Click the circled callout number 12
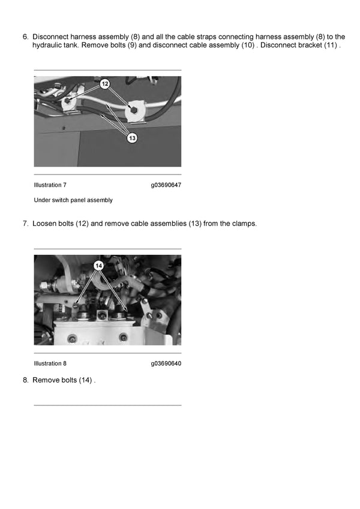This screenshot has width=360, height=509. pyautogui.click(x=104, y=84)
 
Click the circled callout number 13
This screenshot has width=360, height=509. pyautogui.click(x=132, y=138)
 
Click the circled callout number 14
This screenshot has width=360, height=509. pyautogui.click(x=99, y=266)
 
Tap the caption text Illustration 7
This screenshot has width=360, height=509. pyautogui.click(x=50, y=185)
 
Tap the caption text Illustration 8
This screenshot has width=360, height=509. pyautogui.click(x=50, y=363)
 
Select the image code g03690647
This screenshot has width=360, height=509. pyautogui.click(x=166, y=185)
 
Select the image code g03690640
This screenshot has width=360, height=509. pyautogui.click(x=166, y=363)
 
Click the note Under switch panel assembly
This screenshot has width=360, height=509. pyautogui.click(x=73, y=200)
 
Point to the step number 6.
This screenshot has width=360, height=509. pyautogui.click(x=26, y=37)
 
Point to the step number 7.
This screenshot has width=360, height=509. pyautogui.click(x=26, y=224)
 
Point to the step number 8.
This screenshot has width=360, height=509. pyautogui.click(x=26, y=380)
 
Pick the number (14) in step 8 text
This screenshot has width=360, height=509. pyautogui.click(x=85, y=380)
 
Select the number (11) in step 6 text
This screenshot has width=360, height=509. pyautogui.click(x=331, y=45)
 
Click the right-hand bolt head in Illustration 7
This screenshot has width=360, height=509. pyautogui.click(x=133, y=110)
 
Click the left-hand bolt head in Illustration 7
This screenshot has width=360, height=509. pyautogui.click(x=68, y=101)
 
